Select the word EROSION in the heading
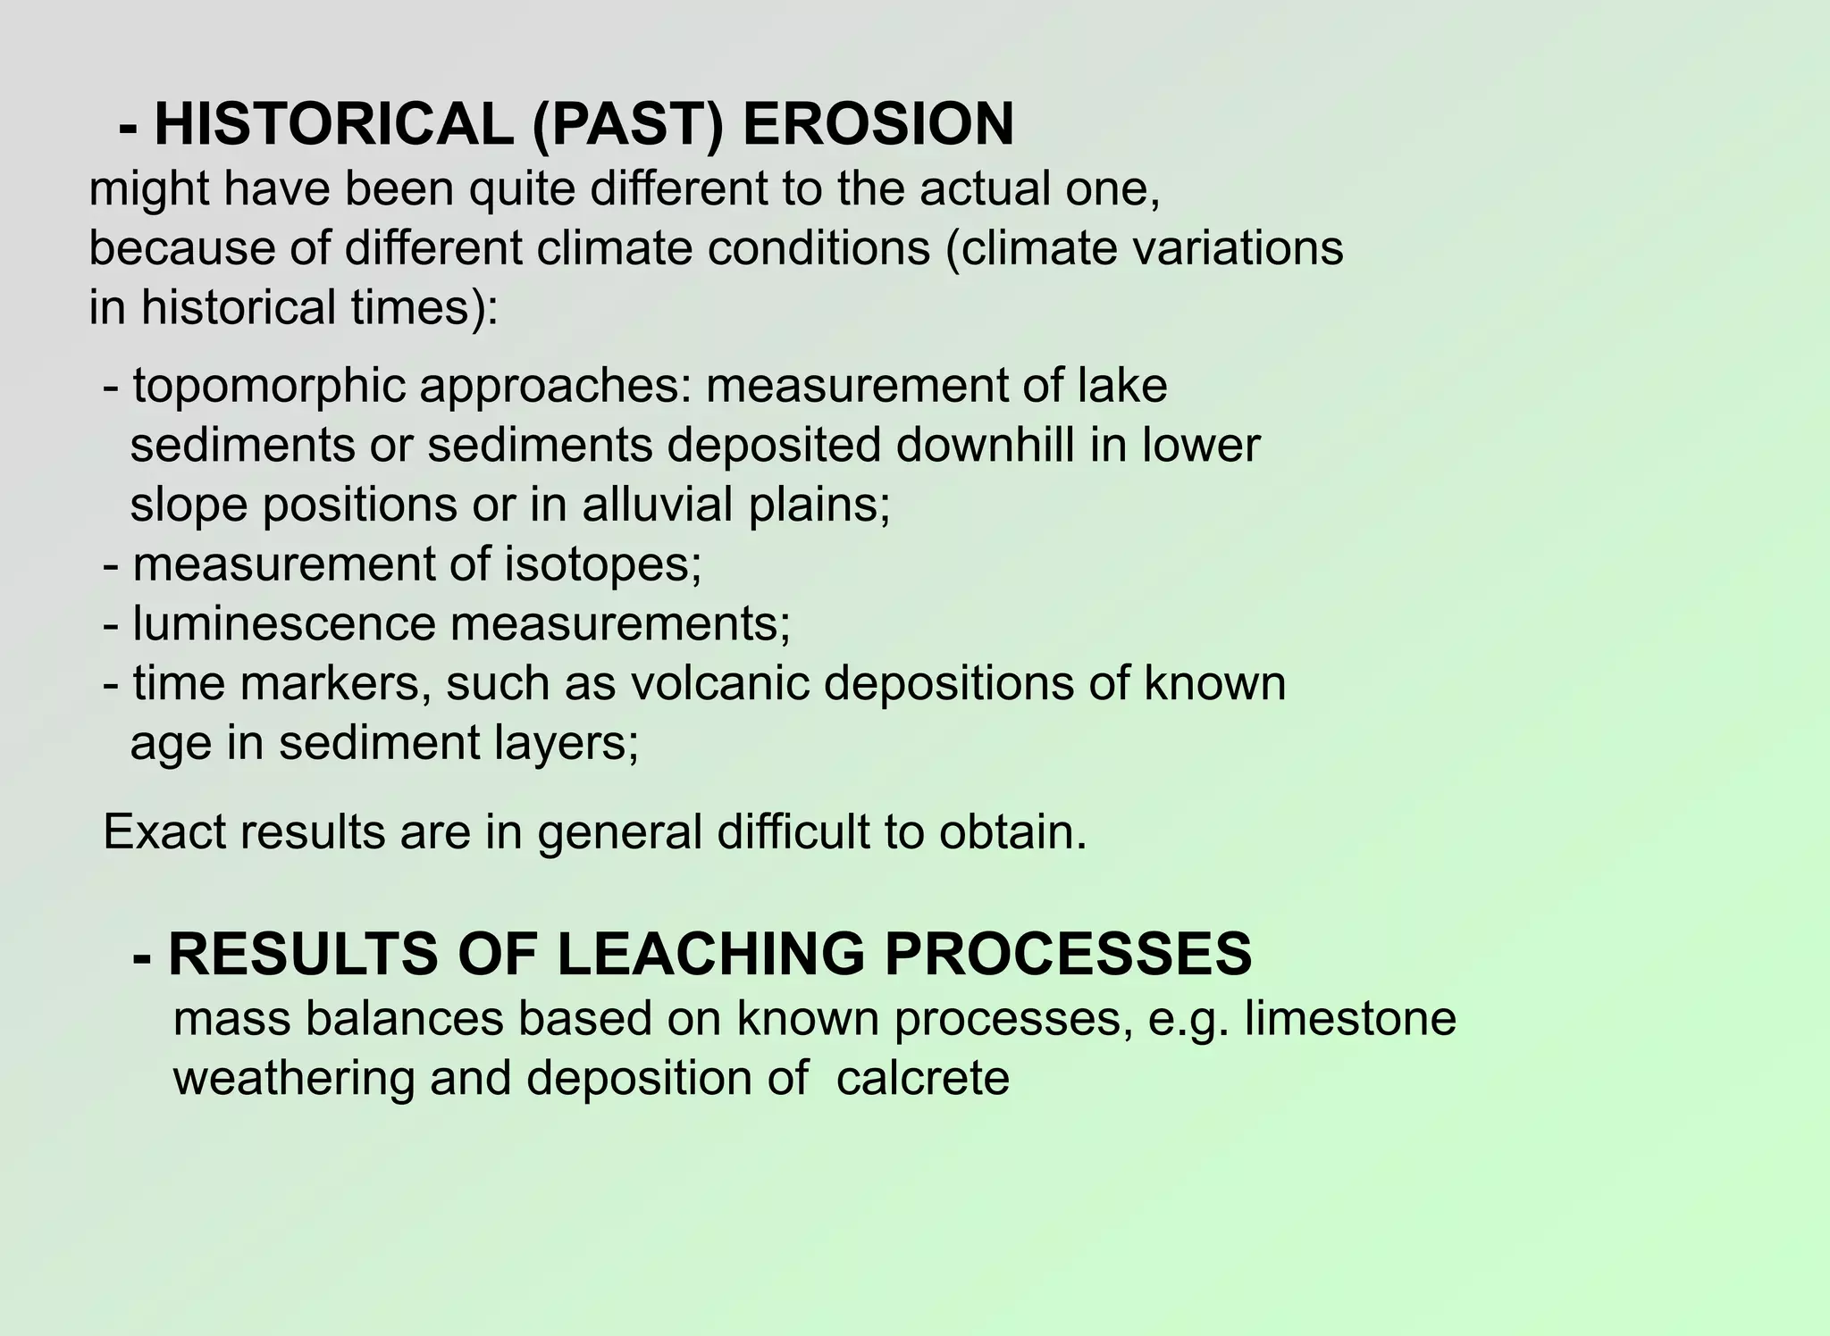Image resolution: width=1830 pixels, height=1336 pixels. [878, 125]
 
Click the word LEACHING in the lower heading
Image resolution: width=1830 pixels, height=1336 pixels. [711, 954]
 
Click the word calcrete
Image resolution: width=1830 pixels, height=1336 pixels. [922, 1078]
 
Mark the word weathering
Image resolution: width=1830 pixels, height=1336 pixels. [293, 1078]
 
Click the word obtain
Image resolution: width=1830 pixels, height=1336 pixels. [1012, 831]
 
